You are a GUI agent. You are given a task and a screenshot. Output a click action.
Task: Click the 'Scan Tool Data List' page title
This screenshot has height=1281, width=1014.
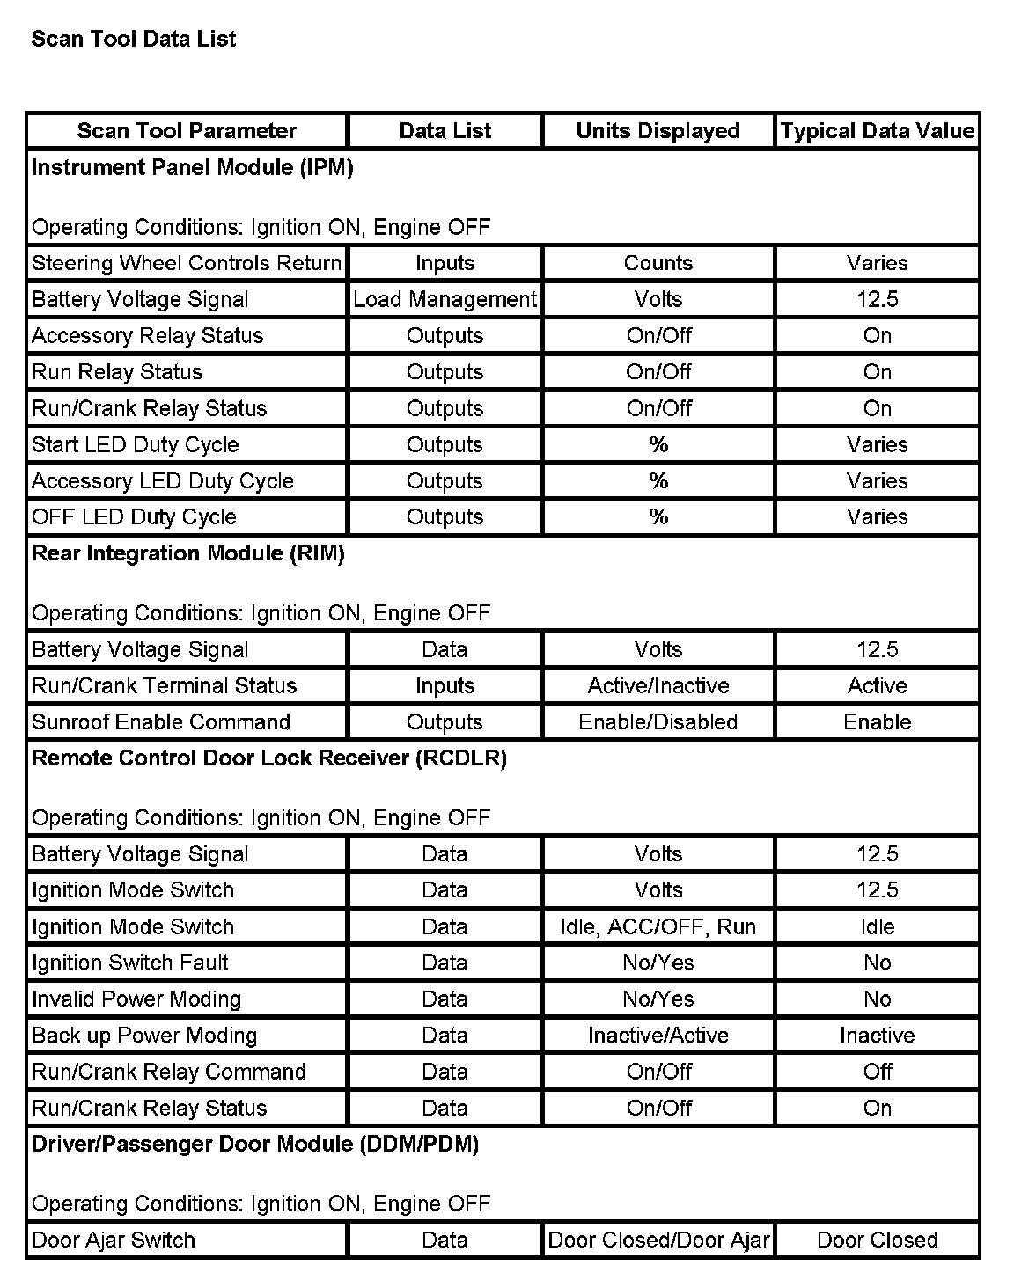(134, 39)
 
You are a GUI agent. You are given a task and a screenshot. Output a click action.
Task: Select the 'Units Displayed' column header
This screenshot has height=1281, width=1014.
(658, 131)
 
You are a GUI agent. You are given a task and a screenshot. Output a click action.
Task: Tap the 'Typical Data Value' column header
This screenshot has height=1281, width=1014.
(878, 131)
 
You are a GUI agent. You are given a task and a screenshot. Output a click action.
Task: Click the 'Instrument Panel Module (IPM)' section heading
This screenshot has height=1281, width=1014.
(193, 167)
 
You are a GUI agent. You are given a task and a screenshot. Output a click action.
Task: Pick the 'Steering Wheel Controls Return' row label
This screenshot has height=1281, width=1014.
(187, 263)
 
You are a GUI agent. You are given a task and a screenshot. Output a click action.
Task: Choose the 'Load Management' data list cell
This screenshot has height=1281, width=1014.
(445, 299)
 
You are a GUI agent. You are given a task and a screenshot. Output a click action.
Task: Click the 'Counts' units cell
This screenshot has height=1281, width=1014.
(658, 263)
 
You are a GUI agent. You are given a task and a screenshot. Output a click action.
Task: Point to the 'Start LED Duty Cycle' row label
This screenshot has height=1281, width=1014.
(136, 444)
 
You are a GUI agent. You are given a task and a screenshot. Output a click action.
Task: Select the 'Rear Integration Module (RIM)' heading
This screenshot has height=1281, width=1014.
(188, 553)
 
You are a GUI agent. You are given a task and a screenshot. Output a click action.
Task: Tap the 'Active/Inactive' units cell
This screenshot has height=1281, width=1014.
(658, 685)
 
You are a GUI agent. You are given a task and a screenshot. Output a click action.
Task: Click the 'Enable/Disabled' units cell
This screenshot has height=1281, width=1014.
(658, 721)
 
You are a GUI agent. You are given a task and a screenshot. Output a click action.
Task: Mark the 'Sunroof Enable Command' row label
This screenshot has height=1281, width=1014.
(161, 721)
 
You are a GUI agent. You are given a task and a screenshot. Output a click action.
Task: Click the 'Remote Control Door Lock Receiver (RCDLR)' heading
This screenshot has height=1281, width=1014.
(269, 758)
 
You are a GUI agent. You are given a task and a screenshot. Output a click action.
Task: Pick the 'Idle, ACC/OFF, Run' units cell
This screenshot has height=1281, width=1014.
(658, 926)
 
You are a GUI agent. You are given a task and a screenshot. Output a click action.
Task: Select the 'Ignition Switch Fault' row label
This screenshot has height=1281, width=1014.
(130, 963)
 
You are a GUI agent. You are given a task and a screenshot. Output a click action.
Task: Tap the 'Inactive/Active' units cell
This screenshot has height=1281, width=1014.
(658, 1036)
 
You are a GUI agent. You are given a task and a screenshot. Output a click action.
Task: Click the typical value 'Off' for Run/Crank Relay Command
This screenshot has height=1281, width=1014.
(878, 1072)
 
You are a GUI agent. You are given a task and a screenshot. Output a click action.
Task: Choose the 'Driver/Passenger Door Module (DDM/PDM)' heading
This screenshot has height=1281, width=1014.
(255, 1144)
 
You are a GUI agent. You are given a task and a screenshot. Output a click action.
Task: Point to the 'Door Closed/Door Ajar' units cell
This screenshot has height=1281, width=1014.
(658, 1240)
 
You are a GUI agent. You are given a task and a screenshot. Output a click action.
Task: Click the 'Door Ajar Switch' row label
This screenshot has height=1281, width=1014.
(114, 1240)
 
